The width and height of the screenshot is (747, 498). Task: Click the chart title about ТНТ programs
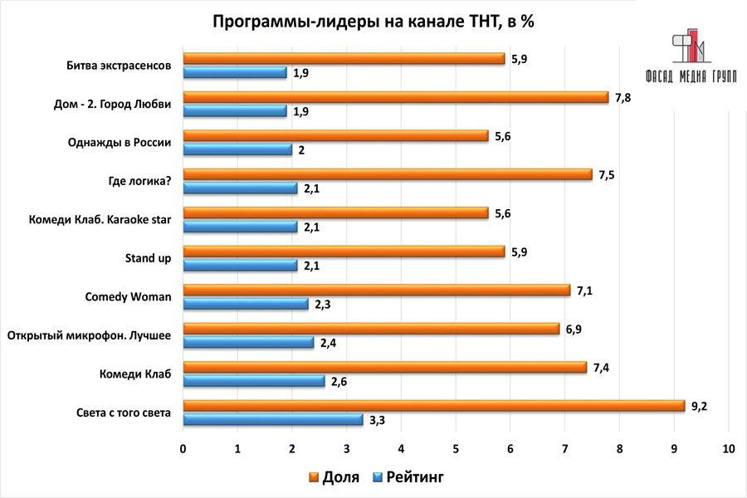pyautogui.click(x=373, y=22)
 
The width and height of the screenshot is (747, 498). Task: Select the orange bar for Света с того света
pyautogui.click(x=433, y=406)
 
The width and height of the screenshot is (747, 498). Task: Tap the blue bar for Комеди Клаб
pyautogui.click(x=254, y=381)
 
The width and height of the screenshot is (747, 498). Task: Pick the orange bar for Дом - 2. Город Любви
pyautogui.click(x=395, y=97)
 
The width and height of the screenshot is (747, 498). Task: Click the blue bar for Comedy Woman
pyautogui.click(x=246, y=304)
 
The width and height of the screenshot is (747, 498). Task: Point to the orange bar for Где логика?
pyautogui.click(x=387, y=174)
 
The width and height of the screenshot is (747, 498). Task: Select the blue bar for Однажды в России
pyautogui.click(x=237, y=149)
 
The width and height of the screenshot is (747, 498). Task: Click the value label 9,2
pyautogui.click(x=699, y=406)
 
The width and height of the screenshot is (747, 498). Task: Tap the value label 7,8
pyautogui.click(x=622, y=97)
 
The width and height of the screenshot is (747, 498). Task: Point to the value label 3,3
pyautogui.click(x=377, y=420)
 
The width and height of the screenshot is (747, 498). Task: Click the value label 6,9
pyautogui.click(x=574, y=329)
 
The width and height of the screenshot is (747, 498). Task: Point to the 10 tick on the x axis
pyautogui.click(x=729, y=448)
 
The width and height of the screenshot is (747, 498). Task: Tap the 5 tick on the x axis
pyautogui.click(x=456, y=448)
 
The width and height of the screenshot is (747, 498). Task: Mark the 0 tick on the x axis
pyautogui.click(x=183, y=448)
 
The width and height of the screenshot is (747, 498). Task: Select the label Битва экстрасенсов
pyautogui.click(x=119, y=66)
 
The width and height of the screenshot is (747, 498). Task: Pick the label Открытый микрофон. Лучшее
pyautogui.click(x=89, y=335)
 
